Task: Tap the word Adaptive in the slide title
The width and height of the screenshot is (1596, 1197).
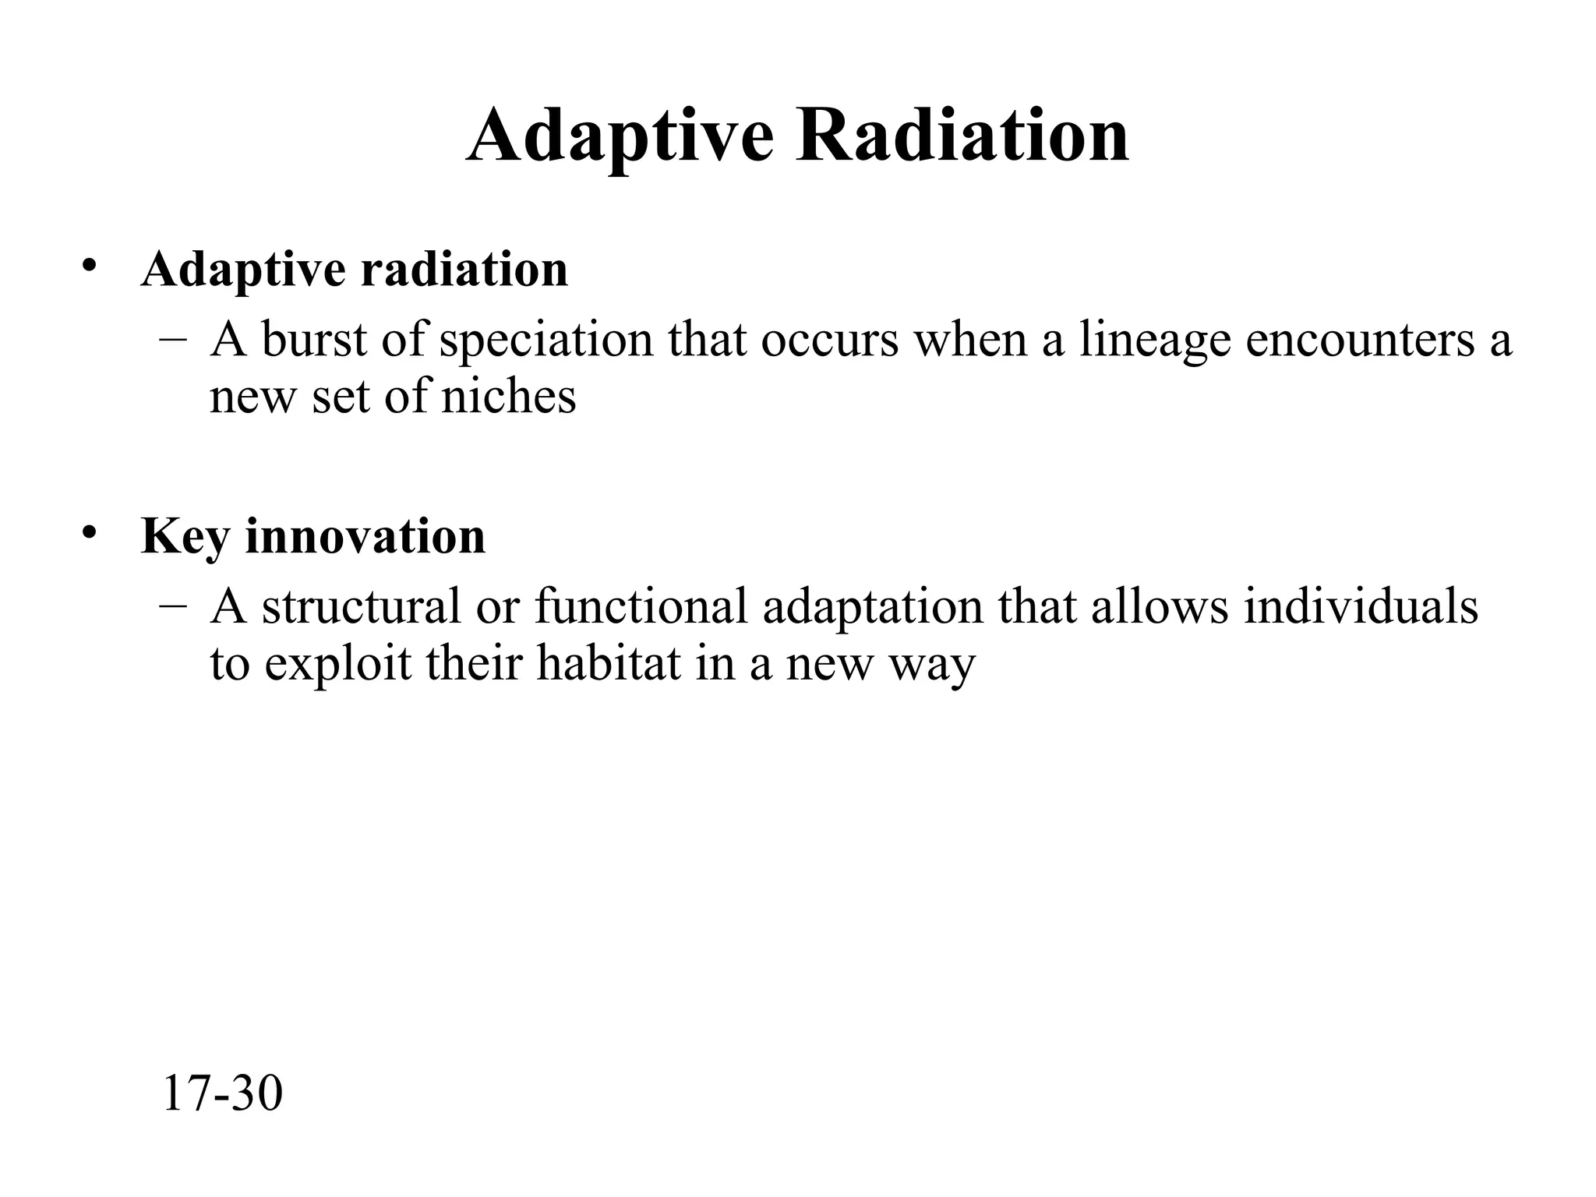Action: click(620, 136)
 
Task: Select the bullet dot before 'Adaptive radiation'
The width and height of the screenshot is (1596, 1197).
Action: click(90, 265)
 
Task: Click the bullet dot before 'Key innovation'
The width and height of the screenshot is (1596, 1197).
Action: click(90, 532)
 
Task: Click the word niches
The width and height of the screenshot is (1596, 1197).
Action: click(508, 396)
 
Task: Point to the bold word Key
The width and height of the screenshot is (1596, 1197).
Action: click(185, 536)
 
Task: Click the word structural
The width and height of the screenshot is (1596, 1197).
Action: click(362, 606)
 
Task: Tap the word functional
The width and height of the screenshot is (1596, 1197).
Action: click(641, 606)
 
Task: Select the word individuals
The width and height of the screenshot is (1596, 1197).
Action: click(1361, 606)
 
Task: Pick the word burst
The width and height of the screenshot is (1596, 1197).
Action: click(314, 340)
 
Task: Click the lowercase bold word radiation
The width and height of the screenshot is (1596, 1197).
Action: click(464, 269)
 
